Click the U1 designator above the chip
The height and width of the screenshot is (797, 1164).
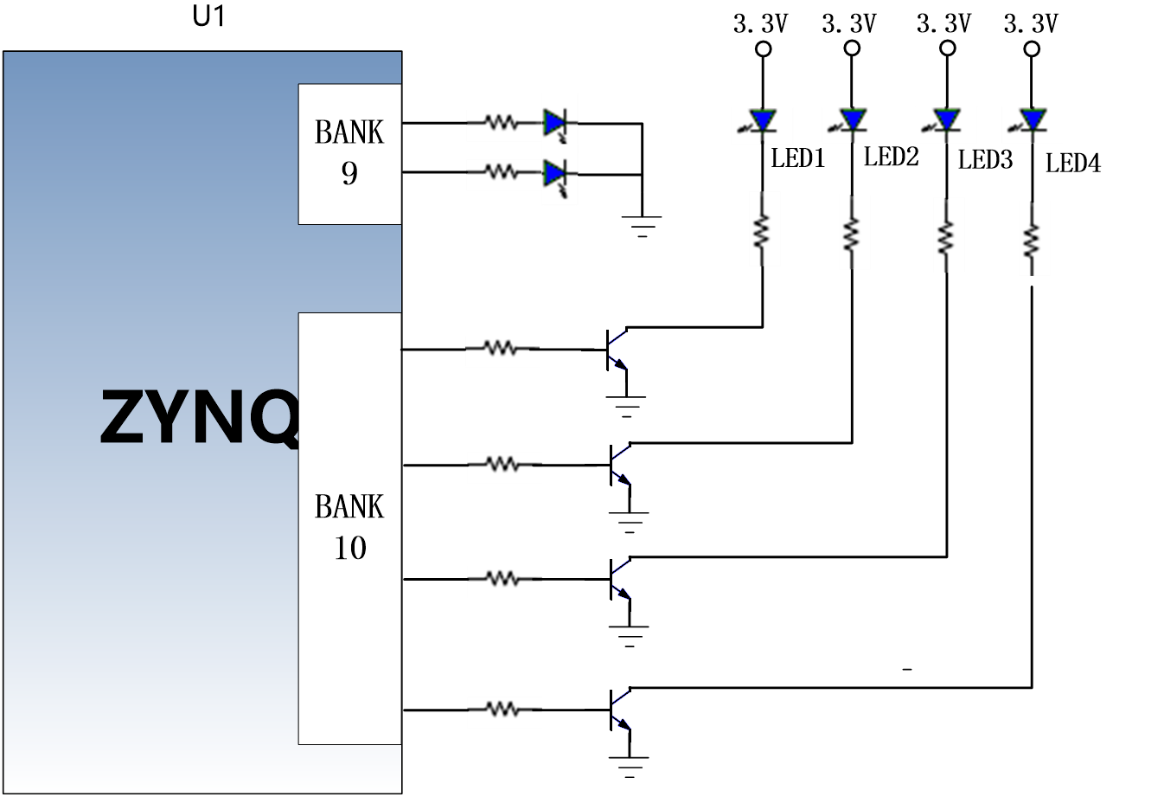[x=208, y=16]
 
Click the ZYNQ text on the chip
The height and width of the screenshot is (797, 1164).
[x=200, y=417]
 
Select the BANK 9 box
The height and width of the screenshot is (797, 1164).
[x=349, y=154]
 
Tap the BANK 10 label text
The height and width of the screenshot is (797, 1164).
[x=349, y=527]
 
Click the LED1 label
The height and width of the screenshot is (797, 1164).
[x=797, y=158]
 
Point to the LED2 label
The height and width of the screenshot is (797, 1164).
[x=892, y=157]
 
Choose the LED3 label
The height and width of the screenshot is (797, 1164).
[x=985, y=159]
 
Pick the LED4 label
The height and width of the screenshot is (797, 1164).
[x=1073, y=164]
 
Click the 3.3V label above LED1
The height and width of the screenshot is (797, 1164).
[x=760, y=23]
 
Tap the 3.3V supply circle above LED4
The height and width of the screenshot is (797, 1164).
[x=1032, y=49]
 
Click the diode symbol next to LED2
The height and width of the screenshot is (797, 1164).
[x=851, y=120]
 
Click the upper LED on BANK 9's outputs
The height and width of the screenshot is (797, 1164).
[x=554, y=125]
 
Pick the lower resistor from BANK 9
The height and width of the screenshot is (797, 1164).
[x=502, y=171]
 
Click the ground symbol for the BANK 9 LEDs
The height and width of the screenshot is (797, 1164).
[x=642, y=226]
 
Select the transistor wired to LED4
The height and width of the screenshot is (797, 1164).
[x=620, y=710]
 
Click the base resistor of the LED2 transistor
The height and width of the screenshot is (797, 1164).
[x=503, y=464]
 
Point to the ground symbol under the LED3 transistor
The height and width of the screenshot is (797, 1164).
[x=629, y=636]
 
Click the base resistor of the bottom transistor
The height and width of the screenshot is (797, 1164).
[x=503, y=709]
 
